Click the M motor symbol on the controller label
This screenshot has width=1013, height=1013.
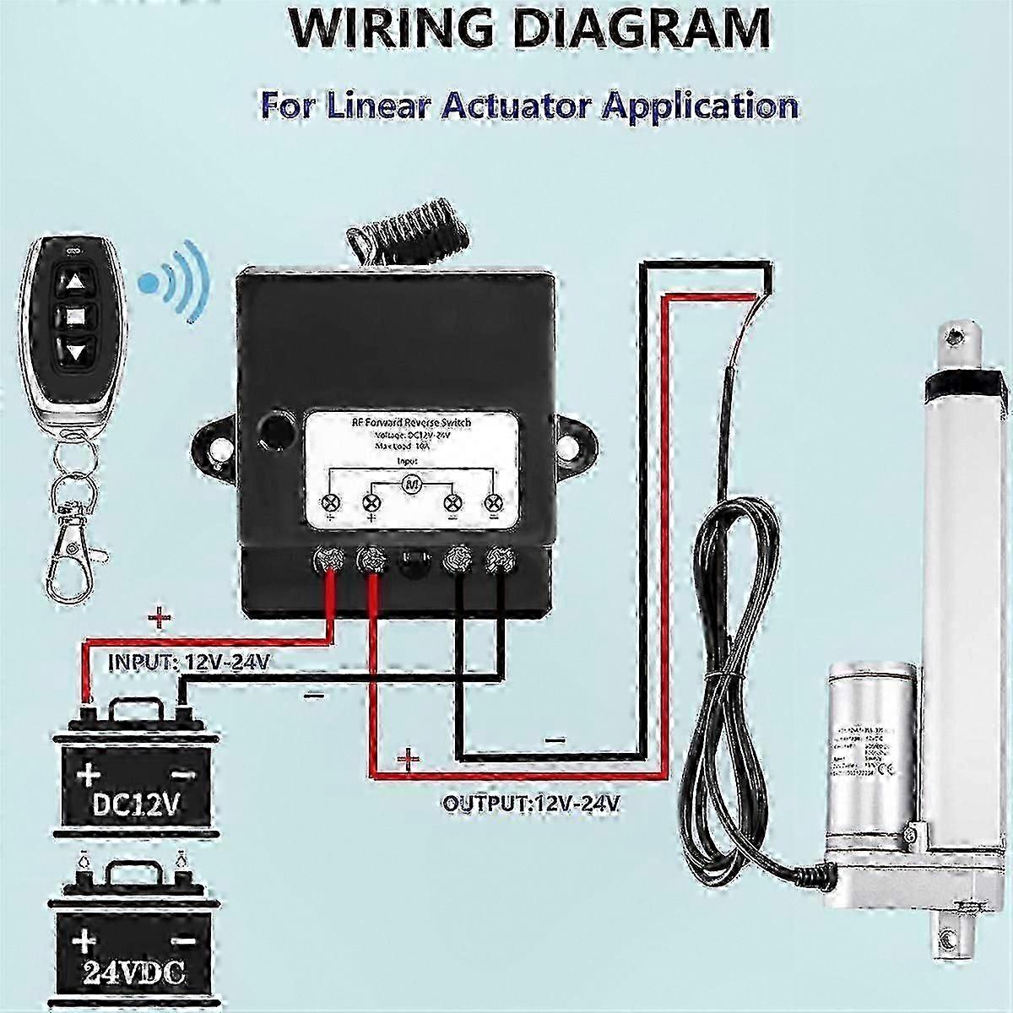(x=411, y=484)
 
